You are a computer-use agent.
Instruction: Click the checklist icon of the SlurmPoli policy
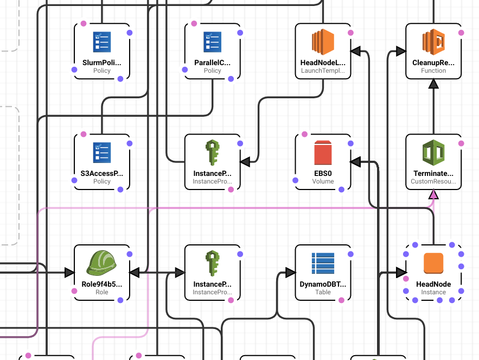102,42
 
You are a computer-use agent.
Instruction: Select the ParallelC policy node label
212,63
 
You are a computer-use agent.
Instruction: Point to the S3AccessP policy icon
102,153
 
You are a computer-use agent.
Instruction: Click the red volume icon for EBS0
323,153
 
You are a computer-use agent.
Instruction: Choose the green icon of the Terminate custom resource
433,153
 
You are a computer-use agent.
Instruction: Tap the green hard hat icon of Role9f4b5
102,263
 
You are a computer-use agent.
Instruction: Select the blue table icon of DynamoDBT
323,263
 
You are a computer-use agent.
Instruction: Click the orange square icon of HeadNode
433,263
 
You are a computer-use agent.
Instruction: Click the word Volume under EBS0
323,181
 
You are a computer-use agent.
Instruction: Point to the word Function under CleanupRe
433,71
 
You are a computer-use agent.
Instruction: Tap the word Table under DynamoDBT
323,292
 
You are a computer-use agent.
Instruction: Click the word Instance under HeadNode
433,292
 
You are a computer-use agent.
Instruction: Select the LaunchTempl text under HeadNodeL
323,71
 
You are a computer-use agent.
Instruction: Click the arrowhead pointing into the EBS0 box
356,161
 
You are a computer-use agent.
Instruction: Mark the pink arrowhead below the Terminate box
433,194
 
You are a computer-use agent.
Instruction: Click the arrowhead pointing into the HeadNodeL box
356,51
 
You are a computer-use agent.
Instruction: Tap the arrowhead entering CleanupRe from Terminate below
433,84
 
